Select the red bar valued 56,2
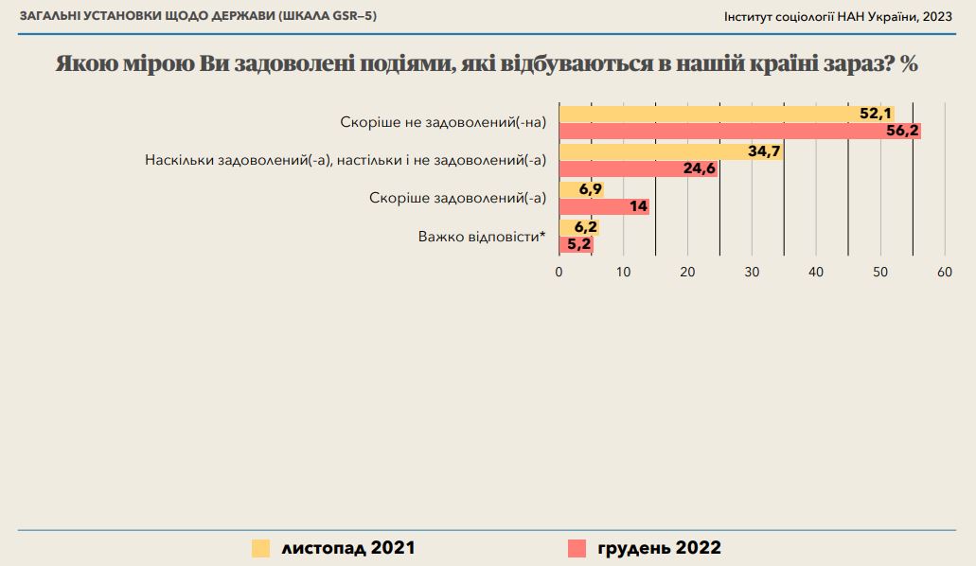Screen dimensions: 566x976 [x=739, y=132]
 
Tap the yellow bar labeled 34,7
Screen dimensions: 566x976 [x=670, y=151]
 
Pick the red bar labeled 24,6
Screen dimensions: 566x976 [x=638, y=169]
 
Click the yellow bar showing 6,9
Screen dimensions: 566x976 [x=581, y=189]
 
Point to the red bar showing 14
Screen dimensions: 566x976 [x=604, y=206]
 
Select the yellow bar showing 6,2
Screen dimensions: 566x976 [x=579, y=227]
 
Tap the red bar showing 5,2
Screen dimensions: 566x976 [x=576, y=244]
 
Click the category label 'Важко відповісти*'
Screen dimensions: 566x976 [x=482, y=236]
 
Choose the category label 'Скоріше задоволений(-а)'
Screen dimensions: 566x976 [x=457, y=198]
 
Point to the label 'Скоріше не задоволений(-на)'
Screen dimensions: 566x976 [x=443, y=122]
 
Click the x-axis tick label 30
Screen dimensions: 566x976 [x=752, y=273]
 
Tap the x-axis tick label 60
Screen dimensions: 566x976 [x=944, y=273]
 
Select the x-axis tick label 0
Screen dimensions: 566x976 [x=559, y=273]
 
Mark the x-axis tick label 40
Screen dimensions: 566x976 [x=816, y=273]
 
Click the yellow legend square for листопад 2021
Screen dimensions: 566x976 [x=260, y=548]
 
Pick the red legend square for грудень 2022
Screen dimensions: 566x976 [x=576, y=548]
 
